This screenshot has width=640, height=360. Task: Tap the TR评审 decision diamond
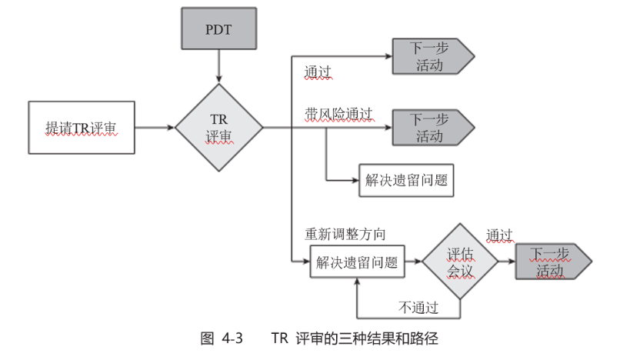coord(219,128)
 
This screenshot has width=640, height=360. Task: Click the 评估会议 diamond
coord(460,262)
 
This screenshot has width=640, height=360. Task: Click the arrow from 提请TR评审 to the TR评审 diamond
coord(158,128)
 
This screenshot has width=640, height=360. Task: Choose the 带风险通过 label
coord(338,113)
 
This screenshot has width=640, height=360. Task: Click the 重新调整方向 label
coord(345,233)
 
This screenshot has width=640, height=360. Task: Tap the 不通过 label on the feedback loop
coord(418,308)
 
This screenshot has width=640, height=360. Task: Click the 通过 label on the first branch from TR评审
coord(317,72)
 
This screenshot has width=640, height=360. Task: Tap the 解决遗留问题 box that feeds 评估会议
coord(357,262)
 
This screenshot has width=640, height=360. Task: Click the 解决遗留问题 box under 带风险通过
coord(403,181)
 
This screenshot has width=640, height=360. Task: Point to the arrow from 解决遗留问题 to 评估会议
coord(413,262)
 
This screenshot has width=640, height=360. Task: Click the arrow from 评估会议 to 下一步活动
coord(506,262)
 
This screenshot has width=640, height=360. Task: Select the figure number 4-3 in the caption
coord(232,338)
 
